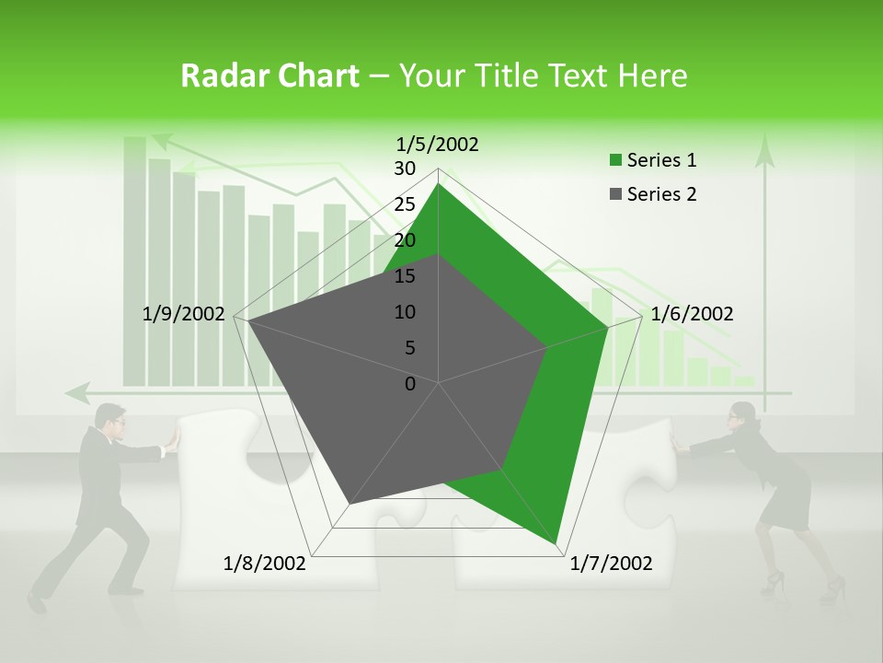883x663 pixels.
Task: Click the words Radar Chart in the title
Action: [x=269, y=76]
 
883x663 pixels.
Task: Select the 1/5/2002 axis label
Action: [x=438, y=144]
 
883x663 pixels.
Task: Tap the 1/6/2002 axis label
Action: [x=692, y=314]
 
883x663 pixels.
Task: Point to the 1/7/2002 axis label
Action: [x=611, y=563]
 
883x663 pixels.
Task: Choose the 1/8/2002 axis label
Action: [x=265, y=563]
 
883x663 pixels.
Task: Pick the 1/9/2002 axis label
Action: [x=184, y=314]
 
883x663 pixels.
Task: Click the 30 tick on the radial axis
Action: [x=405, y=169]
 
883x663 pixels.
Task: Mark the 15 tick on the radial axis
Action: [x=405, y=276]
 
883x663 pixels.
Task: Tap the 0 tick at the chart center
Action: [x=410, y=384]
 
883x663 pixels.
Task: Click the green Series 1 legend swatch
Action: [x=615, y=161]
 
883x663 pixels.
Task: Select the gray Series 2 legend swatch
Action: [x=615, y=194]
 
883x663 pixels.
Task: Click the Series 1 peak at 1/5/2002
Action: [x=438, y=184]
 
